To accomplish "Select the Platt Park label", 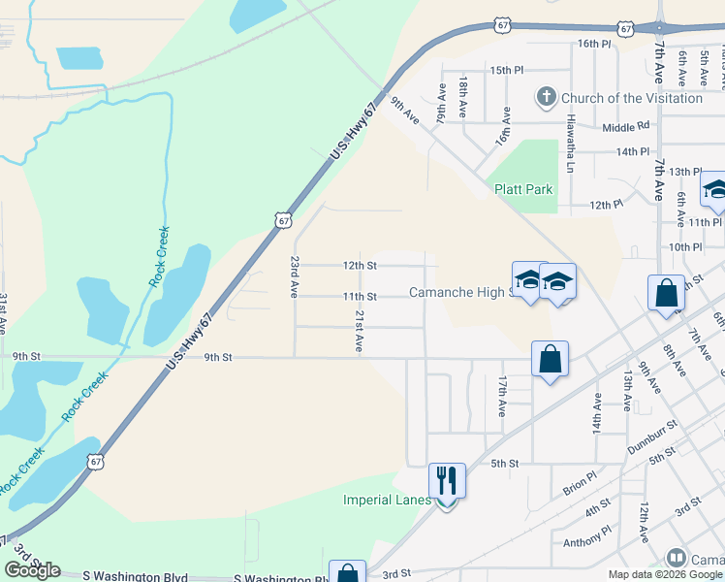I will click(523, 189).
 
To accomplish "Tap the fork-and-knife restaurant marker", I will click(447, 480).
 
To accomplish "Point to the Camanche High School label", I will click(459, 292).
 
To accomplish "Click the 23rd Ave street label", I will click(294, 276).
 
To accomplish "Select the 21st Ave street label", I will click(359, 331).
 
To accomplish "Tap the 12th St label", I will click(359, 265).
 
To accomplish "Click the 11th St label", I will click(359, 296).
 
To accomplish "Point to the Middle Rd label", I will click(625, 127).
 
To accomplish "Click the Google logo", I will click(32, 570).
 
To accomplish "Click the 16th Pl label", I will click(595, 44).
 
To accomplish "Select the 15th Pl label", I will click(506, 70).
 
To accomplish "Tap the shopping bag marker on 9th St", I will click(550, 359).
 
